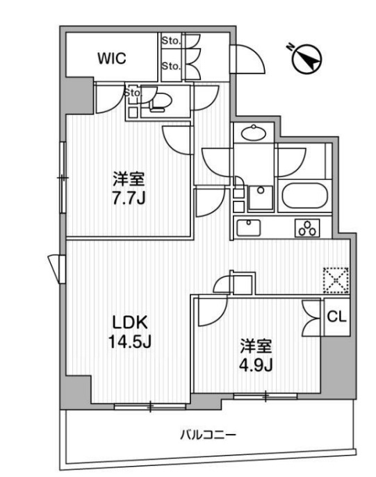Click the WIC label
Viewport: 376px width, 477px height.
[111, 58]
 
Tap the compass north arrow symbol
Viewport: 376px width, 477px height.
[307, 59]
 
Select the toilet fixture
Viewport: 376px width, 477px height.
[160, 102]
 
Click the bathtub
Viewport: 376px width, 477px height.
[304, 196]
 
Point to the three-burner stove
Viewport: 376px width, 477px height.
[307, 228]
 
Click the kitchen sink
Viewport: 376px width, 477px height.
[249, 228]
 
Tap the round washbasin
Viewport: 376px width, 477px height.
[253, 133]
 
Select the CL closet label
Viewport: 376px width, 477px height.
[336, 317]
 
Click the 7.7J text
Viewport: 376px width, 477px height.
[129, 199]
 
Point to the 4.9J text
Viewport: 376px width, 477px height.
[256, 365]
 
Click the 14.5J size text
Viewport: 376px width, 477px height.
[129, 342]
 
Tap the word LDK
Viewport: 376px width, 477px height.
[130, 322]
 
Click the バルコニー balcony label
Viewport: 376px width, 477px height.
[208, 435]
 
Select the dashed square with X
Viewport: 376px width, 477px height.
[336, 281]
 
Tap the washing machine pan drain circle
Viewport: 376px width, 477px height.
[261, 190]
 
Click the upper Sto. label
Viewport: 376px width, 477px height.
[172, 40]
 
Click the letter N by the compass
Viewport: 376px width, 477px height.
[291, 47]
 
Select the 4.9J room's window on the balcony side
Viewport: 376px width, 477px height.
[265, 396]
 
